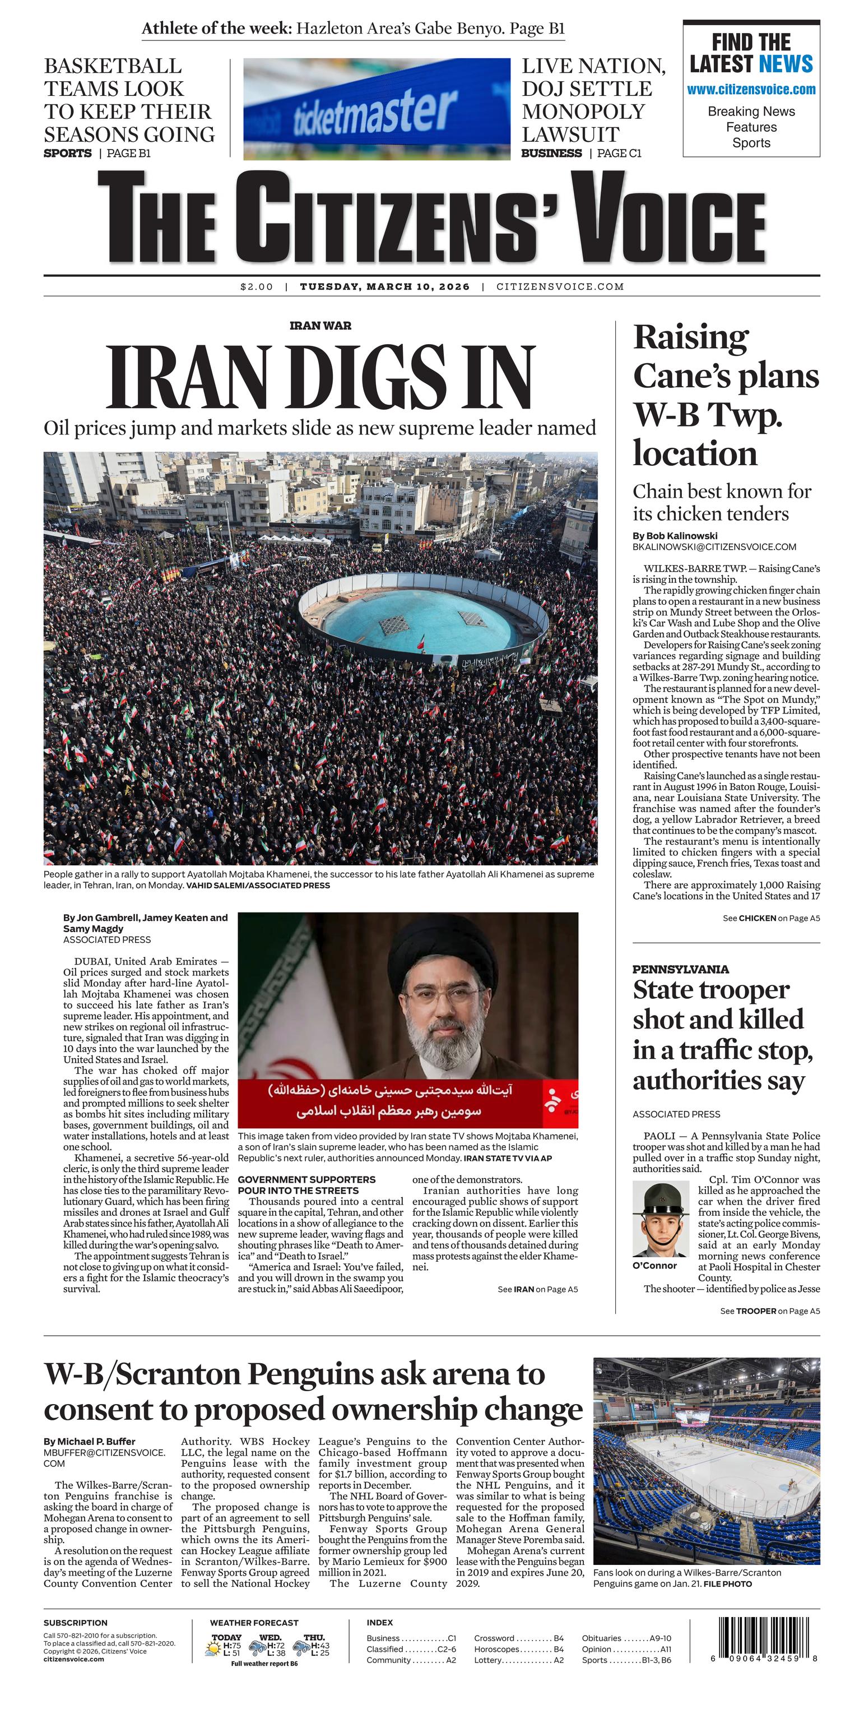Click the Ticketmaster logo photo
(376, 109)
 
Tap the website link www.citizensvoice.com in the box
(751, 90)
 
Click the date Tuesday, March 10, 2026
(384, 286)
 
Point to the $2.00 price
(256, 286)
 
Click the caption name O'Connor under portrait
(654, 1265)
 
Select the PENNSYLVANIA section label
(680, 969)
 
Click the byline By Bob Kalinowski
(675, 535)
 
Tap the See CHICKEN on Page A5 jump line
(770, 918)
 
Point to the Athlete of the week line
(353, 29)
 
